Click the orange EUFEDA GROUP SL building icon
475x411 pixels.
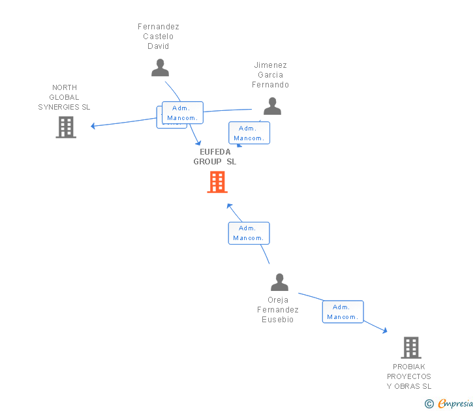click(x=217, y=182)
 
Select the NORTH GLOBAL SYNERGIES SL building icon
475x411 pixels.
click(x=66, y=127)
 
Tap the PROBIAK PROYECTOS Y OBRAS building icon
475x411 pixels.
click(x=410, y=348)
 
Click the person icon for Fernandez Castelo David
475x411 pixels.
click(x=160, y=68)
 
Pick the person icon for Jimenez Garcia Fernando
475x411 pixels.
click(x=272, y=106)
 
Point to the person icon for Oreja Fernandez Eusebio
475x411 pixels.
click(x=279, y=282)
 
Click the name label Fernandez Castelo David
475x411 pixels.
click(x=159, y=37)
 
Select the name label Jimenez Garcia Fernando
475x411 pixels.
click(x=271, y=75)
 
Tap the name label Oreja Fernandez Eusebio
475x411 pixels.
click(x=278, y=310)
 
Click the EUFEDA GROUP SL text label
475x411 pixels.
click(x=215, y=157)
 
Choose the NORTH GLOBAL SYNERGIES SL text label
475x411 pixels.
click(x=64, y=97)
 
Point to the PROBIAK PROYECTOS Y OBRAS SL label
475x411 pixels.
click(x=409, y=376)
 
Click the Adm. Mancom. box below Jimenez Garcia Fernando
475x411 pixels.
click(x=249, y=133)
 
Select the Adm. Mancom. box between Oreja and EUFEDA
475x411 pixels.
click(x=249, y=233)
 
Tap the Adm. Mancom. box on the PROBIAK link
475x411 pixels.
click(x=343, y=312)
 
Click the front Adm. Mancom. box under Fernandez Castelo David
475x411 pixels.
click(x=182, y=113)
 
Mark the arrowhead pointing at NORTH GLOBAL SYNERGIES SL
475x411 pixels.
click(x=93, y=126)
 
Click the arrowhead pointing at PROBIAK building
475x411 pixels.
click(x=384, y=331)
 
